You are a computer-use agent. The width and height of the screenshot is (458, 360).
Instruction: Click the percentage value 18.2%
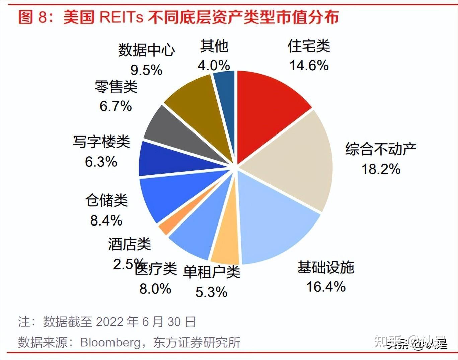(x=381, y=169)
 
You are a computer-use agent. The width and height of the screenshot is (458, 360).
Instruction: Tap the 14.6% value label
(x=309, y=65)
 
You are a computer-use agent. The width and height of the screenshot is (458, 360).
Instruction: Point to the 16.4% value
(x=326, y=286)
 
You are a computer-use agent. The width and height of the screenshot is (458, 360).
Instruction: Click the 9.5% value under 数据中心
(x=146, y=70)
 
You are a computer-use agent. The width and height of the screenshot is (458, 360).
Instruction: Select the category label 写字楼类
(x=101, y=142)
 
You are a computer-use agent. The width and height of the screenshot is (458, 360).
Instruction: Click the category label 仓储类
(x=106, y=200)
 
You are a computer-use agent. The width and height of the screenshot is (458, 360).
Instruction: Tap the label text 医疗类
(x=156, y=268)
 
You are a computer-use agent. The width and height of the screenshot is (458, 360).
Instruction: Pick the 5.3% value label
(x=211, y=292)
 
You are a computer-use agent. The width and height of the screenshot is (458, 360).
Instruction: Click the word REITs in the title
(x=121, y=17)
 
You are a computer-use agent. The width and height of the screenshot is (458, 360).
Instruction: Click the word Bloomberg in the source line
(x=110, y=342)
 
